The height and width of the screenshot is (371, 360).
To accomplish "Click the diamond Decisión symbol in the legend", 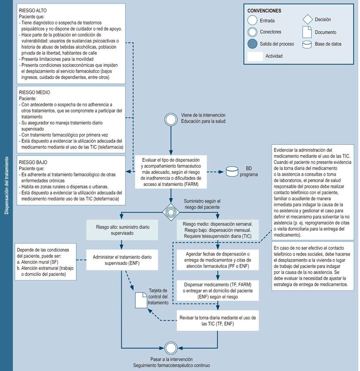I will (307, 20).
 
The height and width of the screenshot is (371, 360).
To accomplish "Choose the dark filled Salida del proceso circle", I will (253, 44).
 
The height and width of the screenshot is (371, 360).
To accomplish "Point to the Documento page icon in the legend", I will (307, 32).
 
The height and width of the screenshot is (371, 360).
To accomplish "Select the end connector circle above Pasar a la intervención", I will (171, 347).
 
